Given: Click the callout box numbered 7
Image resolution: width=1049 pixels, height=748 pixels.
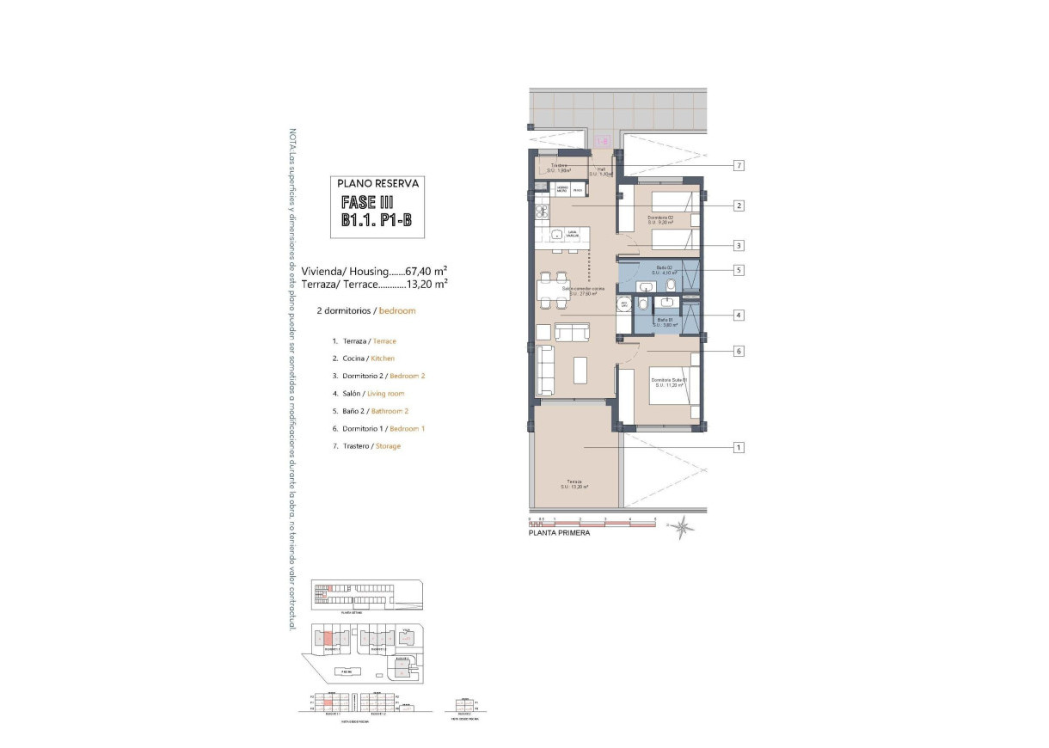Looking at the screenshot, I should click(739, 165).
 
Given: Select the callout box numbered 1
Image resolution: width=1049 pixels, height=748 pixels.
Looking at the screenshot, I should click(739, 447).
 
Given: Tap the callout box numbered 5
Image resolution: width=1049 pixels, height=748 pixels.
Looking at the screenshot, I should click(739, 270).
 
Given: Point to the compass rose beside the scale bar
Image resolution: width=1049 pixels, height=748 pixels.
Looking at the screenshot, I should click(682, 526).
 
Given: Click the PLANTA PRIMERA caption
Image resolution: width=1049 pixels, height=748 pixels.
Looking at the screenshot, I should click(559, 534).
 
